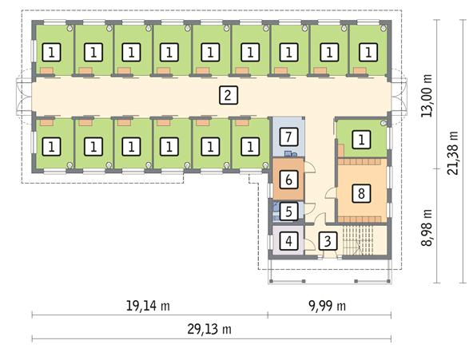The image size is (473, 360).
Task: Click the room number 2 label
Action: (229, 96)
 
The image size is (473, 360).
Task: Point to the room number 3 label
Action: (328, 240)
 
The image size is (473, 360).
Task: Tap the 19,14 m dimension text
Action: (149, 307)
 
